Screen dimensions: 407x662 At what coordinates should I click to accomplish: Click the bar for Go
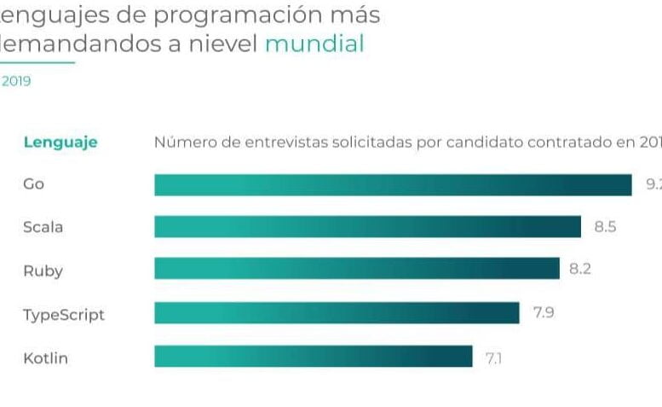(393, 184)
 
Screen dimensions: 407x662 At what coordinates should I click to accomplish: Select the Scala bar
(367, 227)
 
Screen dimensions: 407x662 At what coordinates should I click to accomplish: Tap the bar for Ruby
(356, 270)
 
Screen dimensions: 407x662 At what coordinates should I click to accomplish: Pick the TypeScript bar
(337, 313)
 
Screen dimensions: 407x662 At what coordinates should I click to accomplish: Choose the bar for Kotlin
(313, 357)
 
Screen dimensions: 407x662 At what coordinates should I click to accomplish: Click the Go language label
(33, 184)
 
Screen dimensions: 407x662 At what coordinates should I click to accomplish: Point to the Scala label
(43, 228)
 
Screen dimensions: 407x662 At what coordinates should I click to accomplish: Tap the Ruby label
(43, 271)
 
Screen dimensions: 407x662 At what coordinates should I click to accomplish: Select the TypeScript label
(64, 315)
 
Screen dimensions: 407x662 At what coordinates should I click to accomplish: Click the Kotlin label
(45, 358)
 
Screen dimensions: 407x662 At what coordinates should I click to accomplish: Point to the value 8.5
(605, 227)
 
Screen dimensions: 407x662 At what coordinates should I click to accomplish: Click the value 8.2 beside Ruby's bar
(580, 270)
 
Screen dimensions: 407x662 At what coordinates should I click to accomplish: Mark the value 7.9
(544, 313)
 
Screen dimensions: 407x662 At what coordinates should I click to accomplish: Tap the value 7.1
(493, 358)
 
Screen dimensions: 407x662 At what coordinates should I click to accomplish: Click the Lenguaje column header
(60, 142)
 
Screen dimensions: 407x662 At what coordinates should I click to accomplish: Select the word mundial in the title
(314, 44)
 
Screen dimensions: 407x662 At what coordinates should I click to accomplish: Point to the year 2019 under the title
(16, 82)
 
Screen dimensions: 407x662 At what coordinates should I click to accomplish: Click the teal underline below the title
(37, 62)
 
